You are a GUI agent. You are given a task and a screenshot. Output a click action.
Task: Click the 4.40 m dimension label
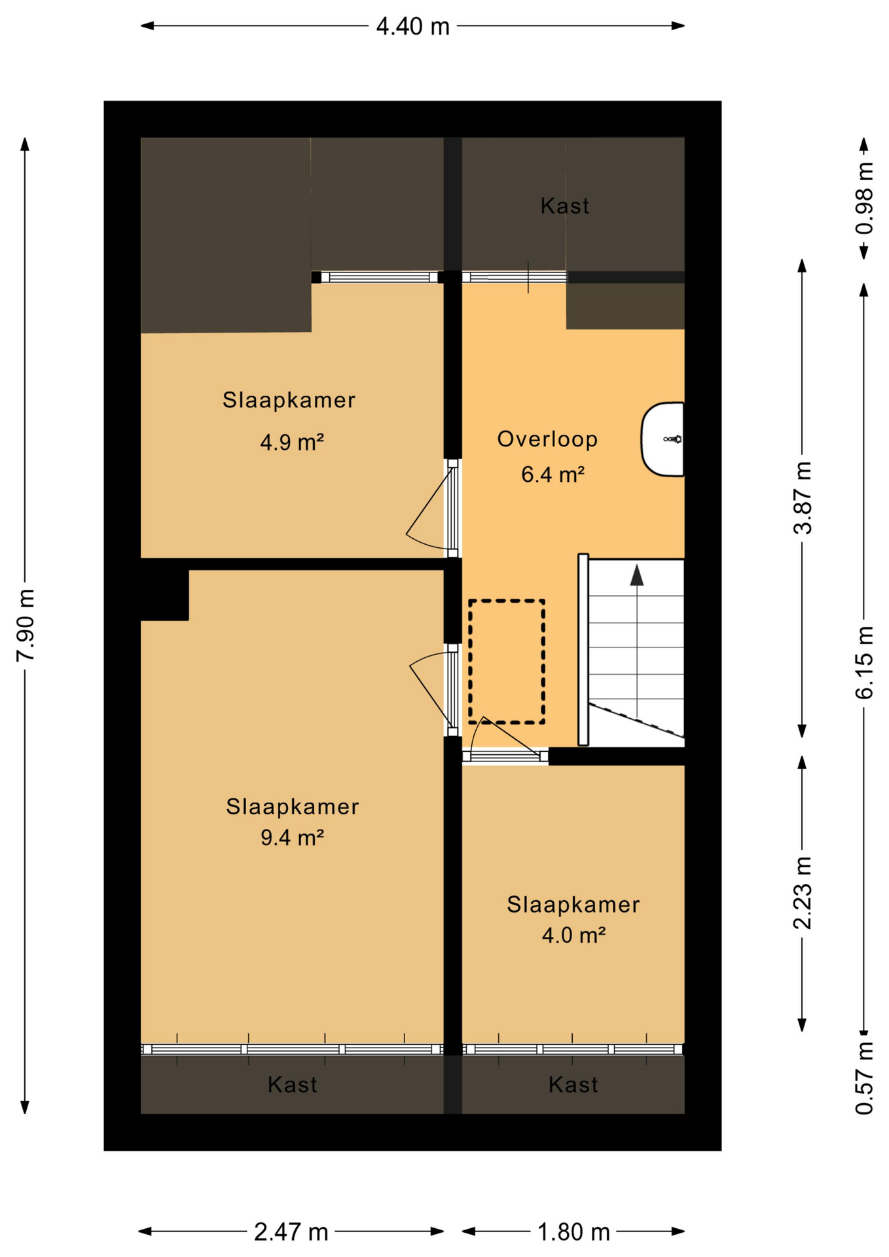click(x=412, y=26)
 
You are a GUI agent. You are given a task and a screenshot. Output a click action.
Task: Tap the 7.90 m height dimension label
click(x=26, y=625)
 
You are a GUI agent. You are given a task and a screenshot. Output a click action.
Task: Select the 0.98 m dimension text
click(x=864, y=198)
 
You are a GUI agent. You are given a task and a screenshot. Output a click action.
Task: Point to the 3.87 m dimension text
click(x=803, y=498)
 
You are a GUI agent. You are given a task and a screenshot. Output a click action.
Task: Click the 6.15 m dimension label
click(x=864, y=662)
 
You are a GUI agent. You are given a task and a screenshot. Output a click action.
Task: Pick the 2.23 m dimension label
click(x=803, y=892)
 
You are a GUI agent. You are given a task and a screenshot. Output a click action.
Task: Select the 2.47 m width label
click(x=291, y=1232)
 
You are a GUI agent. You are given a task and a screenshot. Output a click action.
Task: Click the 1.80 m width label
click(x=573, y=1232)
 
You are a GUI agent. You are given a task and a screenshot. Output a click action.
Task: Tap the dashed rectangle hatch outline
click(x=506, y=661)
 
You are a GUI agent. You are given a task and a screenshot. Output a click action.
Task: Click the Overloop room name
click(x=547, y=439)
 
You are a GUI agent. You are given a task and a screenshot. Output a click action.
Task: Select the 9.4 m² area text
click(x=292, y=837)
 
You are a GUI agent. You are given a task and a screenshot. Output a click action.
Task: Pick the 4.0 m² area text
click(x=573, y=935)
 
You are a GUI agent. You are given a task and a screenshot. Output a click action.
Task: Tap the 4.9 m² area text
click(x=292, y=443)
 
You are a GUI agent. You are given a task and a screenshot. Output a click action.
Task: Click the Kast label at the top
click(x=564, y=206)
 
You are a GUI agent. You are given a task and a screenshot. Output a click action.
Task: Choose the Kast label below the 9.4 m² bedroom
click(x=292, y=1085)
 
